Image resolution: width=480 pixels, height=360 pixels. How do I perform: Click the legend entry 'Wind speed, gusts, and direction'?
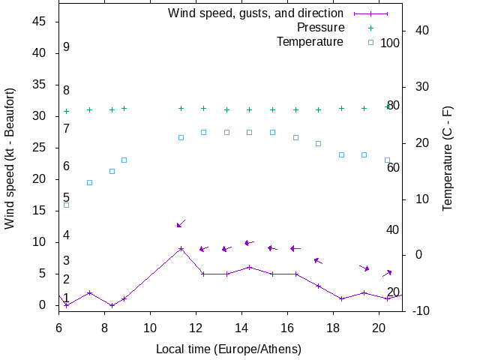(x=255, y=13)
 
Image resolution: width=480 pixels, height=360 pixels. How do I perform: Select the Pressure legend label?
(x=320, y=27)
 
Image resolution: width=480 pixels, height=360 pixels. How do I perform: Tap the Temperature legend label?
(x=310, y=41)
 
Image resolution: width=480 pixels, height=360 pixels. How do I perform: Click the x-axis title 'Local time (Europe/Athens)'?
(x=228, y=349)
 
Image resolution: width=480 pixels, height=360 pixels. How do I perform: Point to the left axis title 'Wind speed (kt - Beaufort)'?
(x=10, y=168)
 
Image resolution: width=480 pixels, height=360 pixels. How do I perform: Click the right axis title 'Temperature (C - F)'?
(x=448, y=157)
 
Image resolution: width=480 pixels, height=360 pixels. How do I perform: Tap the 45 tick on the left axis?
(x=40, y=22)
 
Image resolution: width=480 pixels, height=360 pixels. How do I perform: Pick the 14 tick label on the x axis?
(x=241, y=327)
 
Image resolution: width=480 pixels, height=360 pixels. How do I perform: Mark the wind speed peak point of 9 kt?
(x=181, y=248)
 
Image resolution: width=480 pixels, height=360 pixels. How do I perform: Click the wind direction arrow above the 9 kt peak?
(x=181, y=223)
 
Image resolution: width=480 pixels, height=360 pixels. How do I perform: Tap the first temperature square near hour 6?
(x=66, y=205)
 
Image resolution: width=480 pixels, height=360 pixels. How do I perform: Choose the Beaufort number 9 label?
(x=66, y=47)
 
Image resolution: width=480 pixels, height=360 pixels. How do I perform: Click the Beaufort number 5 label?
(x=66, y=197)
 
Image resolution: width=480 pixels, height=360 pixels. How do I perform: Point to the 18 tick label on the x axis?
(x=333, y=327)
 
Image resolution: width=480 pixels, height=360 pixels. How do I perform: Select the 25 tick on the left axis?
(x=40, y=148)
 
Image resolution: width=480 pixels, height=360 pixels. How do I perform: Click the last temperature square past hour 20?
(x=387, y=160)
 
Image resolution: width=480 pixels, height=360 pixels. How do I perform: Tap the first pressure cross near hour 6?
(x=66, y=111)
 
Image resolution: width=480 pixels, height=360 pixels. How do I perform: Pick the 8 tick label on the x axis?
(x=104, y=327)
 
